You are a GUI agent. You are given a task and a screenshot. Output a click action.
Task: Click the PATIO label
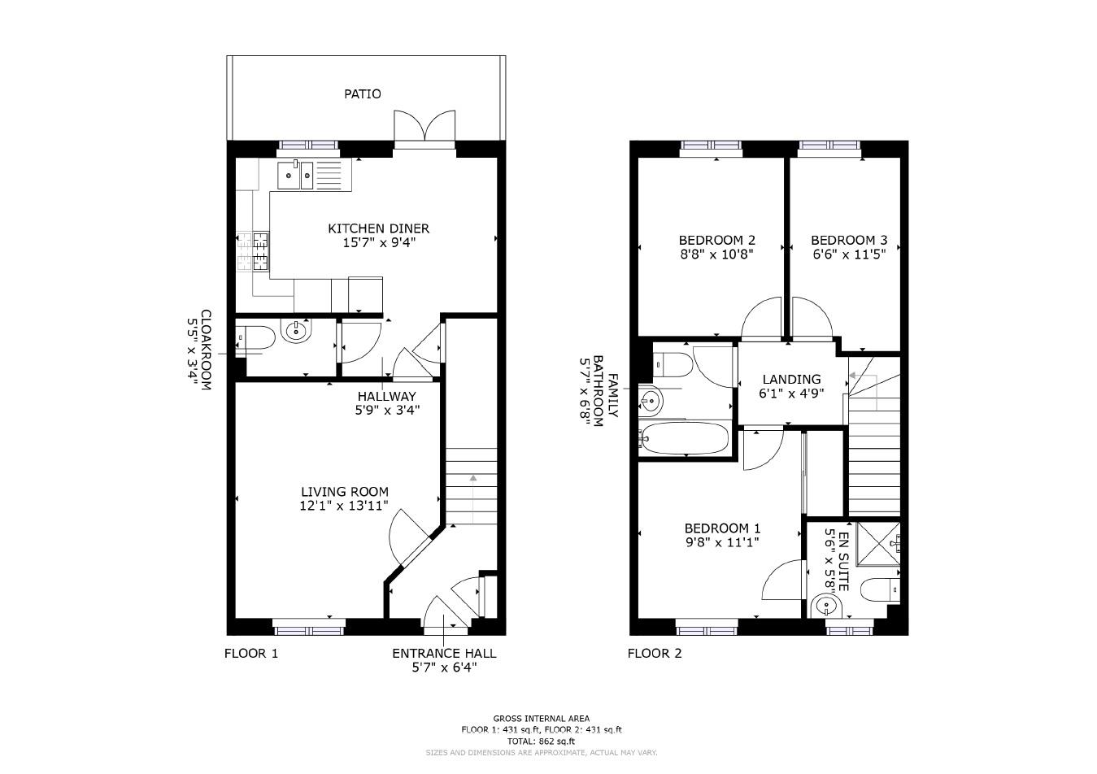point(362,94)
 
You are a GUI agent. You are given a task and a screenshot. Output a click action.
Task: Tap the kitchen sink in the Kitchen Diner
point(295,175)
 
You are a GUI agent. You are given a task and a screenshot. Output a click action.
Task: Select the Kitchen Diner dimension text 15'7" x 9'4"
point(378,242)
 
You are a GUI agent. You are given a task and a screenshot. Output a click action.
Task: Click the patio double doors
point(424,128)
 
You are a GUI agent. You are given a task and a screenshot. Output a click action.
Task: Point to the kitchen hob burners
point(260,250)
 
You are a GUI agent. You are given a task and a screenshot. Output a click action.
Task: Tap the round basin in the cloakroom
point(296,330)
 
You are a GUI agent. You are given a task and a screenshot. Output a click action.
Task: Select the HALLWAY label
point(387,397)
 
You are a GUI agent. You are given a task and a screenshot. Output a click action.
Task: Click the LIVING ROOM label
point(345,492)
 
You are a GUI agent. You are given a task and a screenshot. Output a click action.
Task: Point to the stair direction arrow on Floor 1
point(472,480)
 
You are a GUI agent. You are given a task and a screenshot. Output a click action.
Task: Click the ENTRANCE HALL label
point(444,654)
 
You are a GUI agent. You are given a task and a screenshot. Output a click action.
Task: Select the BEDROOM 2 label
point(716,241)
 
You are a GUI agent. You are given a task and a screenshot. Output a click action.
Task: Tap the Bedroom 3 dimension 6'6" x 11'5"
point(848,254)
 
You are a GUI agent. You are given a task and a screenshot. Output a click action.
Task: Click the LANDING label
point(791,380)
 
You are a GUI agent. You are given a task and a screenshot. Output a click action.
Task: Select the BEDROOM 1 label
point(722,528)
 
